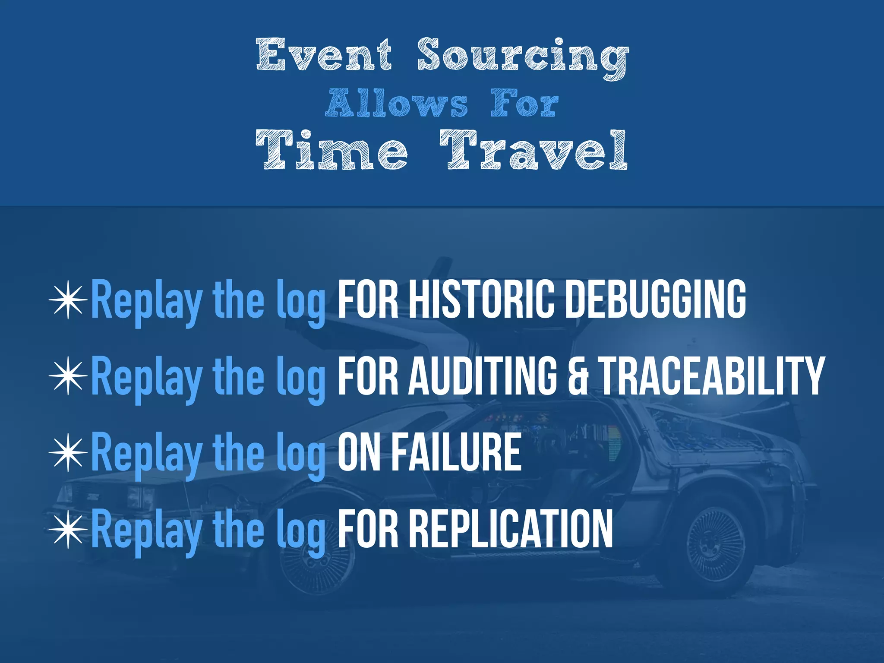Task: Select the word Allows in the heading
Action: click(396, 103)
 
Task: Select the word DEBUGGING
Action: click(655, 299)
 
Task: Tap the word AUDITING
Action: click(483, 375)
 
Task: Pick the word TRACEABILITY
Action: click(712, 375)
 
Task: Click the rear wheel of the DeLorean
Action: click(715, 545)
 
